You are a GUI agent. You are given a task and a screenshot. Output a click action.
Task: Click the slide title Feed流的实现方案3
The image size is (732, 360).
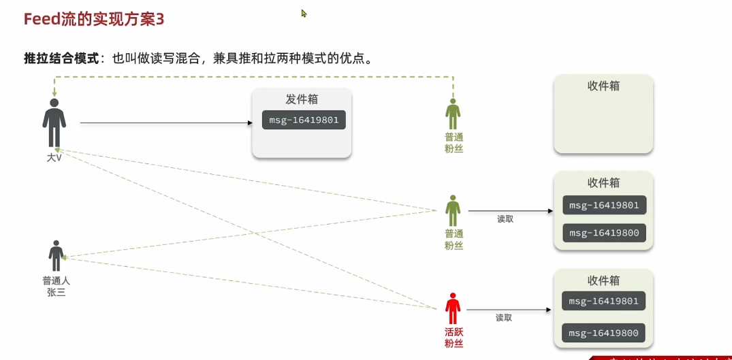point(94,19)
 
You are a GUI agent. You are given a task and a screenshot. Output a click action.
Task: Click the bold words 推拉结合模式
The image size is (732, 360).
point(61,58)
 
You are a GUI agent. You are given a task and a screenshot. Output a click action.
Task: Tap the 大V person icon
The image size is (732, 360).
point(54,123)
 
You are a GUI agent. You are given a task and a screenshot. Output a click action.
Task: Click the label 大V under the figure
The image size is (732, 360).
point(54,158)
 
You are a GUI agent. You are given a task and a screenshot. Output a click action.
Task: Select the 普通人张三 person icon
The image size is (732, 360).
point(56,256)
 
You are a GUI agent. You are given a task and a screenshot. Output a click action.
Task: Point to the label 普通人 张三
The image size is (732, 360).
point(56,287)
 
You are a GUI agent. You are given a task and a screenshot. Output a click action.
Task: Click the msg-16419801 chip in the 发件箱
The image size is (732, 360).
point(304,120)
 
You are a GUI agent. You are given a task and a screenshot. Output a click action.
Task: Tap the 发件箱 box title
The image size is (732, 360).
point(302,99)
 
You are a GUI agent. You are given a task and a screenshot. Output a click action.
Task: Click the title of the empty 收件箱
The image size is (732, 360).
point(603,86)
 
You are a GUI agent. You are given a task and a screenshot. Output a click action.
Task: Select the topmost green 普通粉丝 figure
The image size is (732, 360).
point(453,114)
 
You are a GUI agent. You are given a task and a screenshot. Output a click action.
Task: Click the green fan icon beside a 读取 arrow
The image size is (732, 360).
point(453,211)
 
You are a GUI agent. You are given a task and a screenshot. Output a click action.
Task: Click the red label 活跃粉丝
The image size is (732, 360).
point(453,338)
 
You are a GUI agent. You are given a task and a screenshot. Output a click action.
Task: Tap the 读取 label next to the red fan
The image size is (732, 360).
point(504,318)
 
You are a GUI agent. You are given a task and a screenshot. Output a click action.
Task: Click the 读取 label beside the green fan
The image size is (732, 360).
point(505,219)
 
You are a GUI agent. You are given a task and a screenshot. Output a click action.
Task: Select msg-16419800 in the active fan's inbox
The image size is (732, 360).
point(603,333)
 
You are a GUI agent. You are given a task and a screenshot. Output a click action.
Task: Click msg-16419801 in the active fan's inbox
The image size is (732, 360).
point(603,301)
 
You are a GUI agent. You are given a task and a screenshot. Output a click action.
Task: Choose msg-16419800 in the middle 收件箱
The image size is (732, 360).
point(604,233)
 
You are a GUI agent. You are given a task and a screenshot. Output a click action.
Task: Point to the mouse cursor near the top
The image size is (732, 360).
point(304,13)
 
